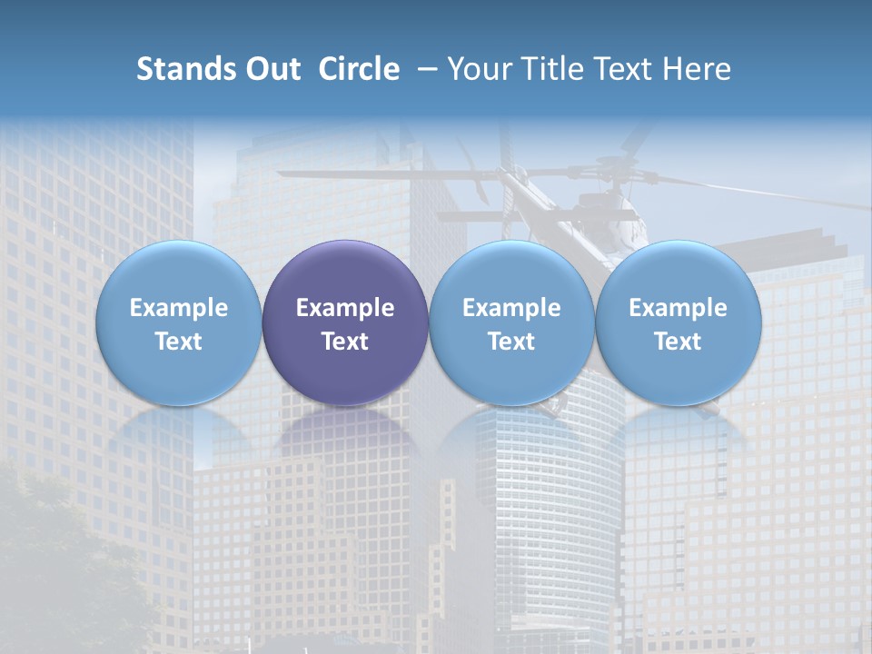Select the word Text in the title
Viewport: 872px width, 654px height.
click(628, 69)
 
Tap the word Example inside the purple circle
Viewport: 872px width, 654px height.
click(345, 308)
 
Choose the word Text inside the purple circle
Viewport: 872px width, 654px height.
click(345, 342)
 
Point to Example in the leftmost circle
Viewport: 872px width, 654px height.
click(178, 308)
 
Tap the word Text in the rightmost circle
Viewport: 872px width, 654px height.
click(679, 342)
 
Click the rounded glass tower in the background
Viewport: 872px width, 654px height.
click(545, 509)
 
